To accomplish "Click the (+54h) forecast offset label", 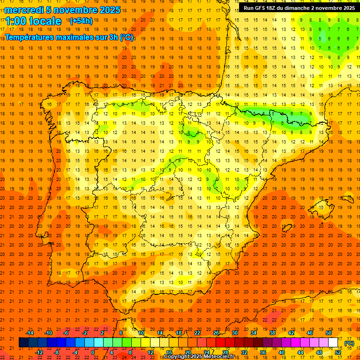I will coord(81,21).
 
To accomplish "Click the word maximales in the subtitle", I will coord(81,37).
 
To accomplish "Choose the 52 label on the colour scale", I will coord(338,352).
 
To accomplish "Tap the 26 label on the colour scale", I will coord(216,333).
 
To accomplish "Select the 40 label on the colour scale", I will coord(282,352).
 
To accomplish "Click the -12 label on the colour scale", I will coord(39,352).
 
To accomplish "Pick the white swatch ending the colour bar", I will coord(333,343).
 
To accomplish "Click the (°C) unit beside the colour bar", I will coord(349,343).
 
